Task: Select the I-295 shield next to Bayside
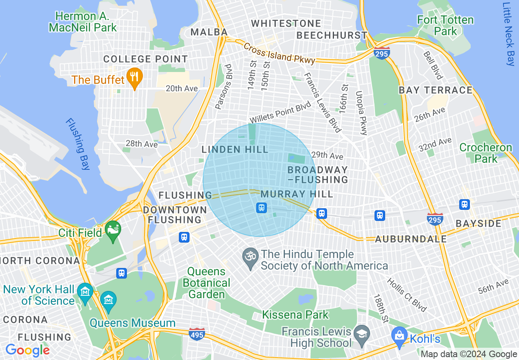pyautogui.click(x=435, y=219)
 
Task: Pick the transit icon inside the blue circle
pyautogui.click(x=262, y=208)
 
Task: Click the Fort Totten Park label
pyautogui.click(x=445, y=25)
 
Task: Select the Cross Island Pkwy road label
pyautogui.click(x=279, y=54)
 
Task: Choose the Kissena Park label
pyautogui.click(x=295, y=315)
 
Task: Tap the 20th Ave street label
pyautogui.click(x=182, y=89)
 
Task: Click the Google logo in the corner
pyautogui.click(x=27, y=350)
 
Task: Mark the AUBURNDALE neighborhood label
pyautogui.click(x=411, y=239)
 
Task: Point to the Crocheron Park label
pyautogui.click(x=485, y=153)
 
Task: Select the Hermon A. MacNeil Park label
pyautogui.click(x=83, y=22)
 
